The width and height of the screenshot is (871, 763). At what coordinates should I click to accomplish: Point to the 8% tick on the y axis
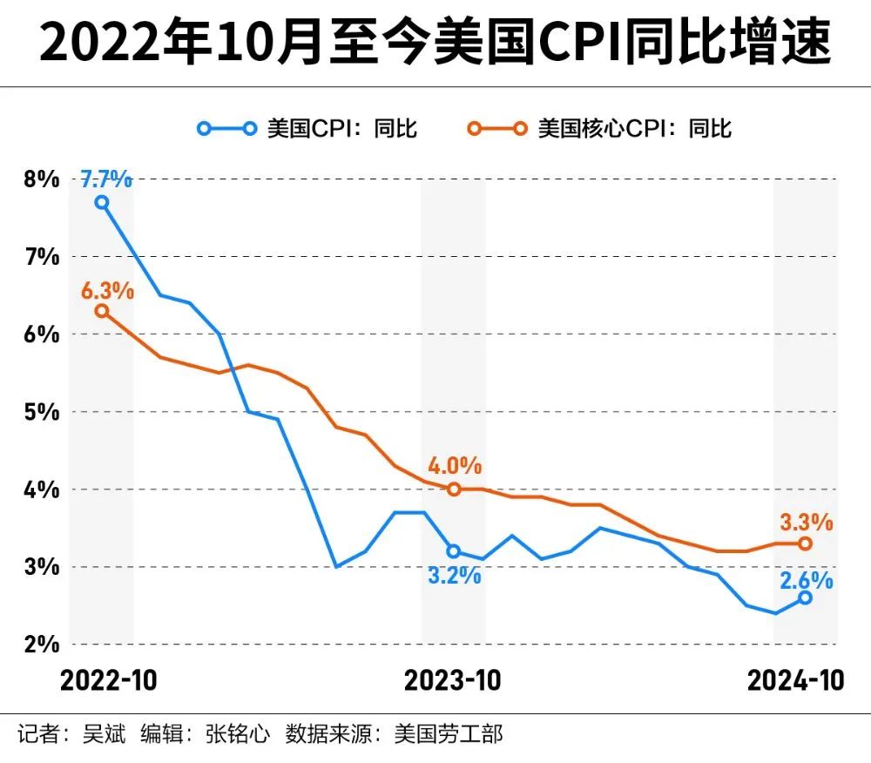click(42, 179)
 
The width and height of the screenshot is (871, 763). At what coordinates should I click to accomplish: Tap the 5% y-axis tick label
click(42, 412)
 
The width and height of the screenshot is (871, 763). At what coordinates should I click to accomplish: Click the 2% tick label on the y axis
click(42, 645)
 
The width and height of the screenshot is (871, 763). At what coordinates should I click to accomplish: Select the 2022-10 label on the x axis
click(109, 680)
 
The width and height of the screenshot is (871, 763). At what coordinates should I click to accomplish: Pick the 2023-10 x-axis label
click(453, 680)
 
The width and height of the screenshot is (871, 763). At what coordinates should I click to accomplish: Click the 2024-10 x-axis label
click(796, 680)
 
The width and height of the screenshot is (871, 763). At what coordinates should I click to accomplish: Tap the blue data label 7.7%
click(106, 180)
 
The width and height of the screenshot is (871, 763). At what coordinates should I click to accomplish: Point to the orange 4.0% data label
click(454, 466)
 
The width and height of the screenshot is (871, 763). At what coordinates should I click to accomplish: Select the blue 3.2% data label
click(454, 575)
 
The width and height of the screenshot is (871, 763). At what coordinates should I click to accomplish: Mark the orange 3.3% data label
click(806, 523)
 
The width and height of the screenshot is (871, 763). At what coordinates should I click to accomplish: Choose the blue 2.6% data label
click(806, 579)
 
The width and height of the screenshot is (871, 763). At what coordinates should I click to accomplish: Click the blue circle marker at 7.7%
click(102, 202)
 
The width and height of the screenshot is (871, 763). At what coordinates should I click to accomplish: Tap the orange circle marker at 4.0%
click(454, 490)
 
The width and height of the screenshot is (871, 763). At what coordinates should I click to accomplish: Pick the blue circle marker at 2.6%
click(806, 598)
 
